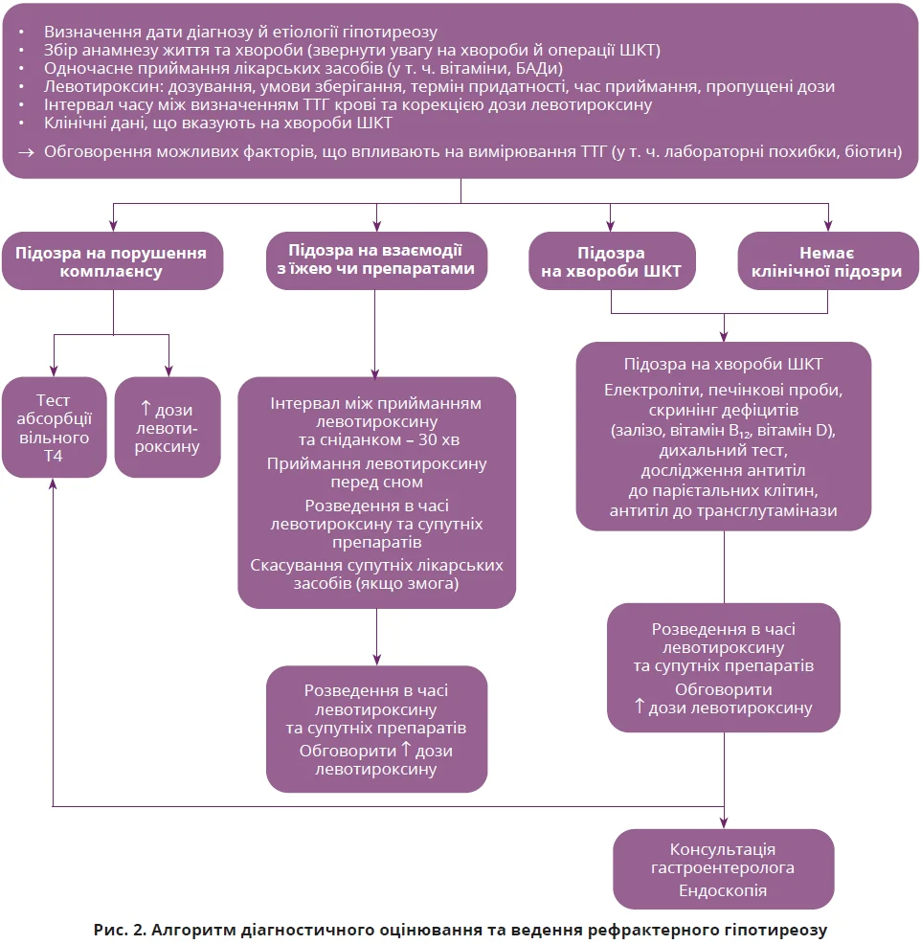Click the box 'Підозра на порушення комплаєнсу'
pyautogui.click(x=112, y=261)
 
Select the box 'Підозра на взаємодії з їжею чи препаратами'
pyautogui.click(x=374, y=259)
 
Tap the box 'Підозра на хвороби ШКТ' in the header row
pyautogui.click(x=611, y=261)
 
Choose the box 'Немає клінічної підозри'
pyautogui.click(x=826, y=261)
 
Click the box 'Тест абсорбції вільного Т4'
pyautogui.click(x=53, y=428)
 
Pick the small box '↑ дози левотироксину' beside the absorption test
pyautogui.click(x=168, y=428)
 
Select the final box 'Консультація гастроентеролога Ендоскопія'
pyautogui.click(x=723, y=869)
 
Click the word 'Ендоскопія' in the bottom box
pyautogui.click(x=723, y=890)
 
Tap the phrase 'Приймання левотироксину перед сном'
pyautogui.click(x=376, y=473)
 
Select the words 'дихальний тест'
pyautogui.click(x=723, y=451)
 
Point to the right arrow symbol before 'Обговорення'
pyautogui.click(x=25, y=150)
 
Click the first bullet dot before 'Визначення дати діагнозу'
pyautogui.click(x=22, y=32)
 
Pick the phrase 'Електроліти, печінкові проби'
pyautogui.click(x=723, y=391)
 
